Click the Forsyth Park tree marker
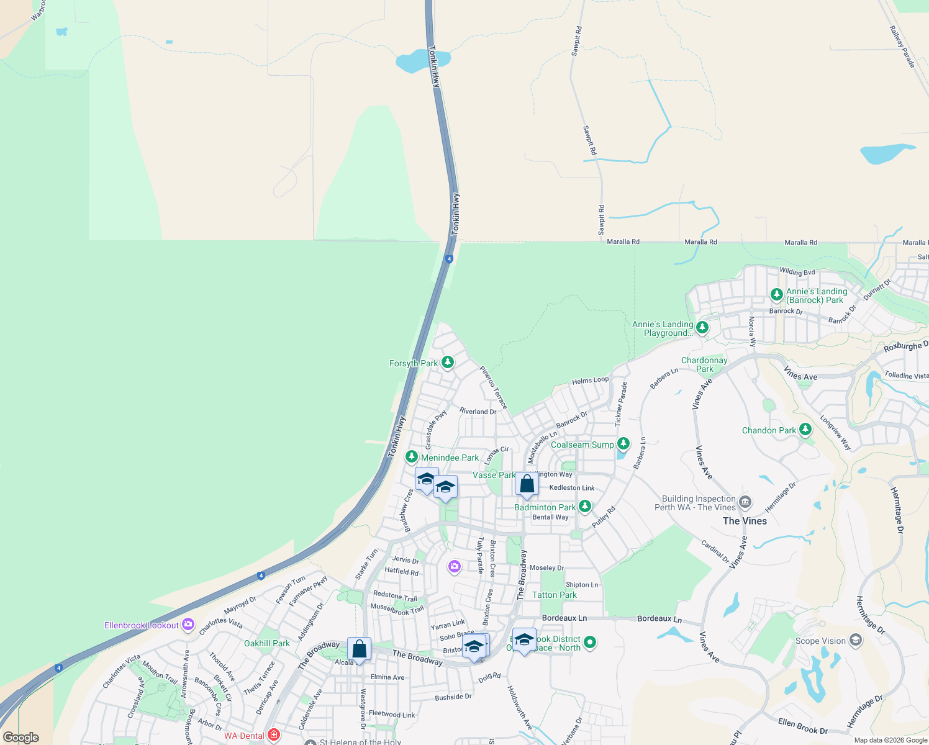click(x=447, y=363)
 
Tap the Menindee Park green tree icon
click(x=411, y=457)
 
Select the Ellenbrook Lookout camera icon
click(x=188, y=625)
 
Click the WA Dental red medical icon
click(x=273, y=735)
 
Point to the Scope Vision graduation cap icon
click(x=855, y=640)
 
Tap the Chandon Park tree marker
click(x=805, y=430)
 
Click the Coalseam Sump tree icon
click(x=623, y=444)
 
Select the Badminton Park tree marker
click(x=584, y=507)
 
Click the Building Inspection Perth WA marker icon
click(x=745, y=502)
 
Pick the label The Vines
click(x=745, y=521)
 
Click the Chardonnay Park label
click(x=704, y=364)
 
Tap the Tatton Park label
click(x=555, y=595)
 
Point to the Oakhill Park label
click(x=267, y=643)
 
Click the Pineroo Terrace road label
click(x=494, y=387)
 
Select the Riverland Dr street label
click(x=478, y=411)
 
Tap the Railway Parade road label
click(x=902, y=47)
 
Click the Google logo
click(x=21, y=737)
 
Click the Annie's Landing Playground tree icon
click(x=702, y=327)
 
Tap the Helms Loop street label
click(x=590, y=381)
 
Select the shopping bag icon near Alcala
click(x=359, y=649)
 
